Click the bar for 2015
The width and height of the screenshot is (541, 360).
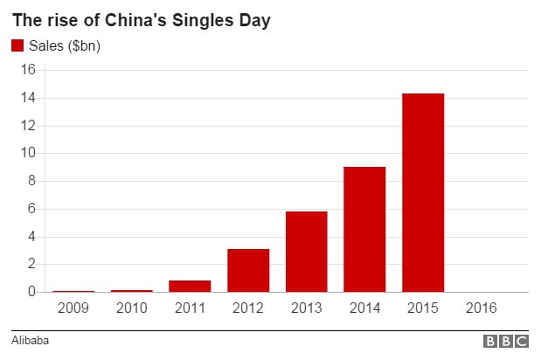tap(423, 192)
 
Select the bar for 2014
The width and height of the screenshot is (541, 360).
tap(364, 229)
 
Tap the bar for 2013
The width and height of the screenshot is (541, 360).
tap(306, 252)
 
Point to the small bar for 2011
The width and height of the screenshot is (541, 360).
tap(190, 286)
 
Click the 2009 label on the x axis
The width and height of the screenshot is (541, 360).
tap(73, 308)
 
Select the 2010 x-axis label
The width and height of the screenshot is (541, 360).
tap(131, 308)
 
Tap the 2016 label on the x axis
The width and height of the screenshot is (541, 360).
tap(482, 308)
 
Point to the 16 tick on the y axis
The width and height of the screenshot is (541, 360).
tap(28, 70)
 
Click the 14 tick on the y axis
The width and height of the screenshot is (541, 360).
tap(28, 98)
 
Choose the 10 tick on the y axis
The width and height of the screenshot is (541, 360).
tap(28, 153)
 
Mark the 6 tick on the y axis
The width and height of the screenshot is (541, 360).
tap(31, 209)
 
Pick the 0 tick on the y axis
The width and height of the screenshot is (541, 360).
tap(31, 292)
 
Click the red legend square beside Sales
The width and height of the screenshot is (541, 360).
tap(17, 45)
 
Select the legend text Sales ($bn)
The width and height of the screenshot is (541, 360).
tap(65, 46)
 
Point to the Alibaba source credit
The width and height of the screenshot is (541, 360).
tap(30, 341)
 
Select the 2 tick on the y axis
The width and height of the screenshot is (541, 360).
tap(31, 264)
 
